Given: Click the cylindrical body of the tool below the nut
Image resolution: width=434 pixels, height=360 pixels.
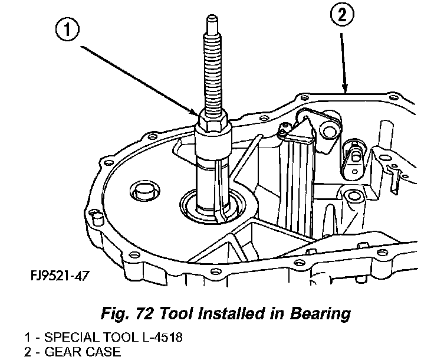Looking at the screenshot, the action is click(x=212, y=171).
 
